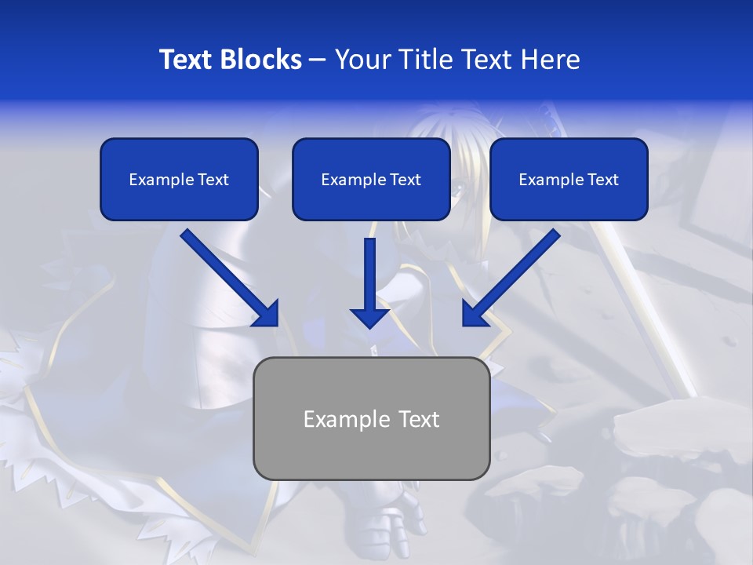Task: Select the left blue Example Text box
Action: tap(179, 179)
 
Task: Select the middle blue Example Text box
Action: tap(371, 179)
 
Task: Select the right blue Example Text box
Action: tap(569, 179)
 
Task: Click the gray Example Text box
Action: tap(371, 418)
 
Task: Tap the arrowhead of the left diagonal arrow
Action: tap(267, 314)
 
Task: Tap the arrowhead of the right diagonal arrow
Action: tap(474, 314)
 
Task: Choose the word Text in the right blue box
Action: tap(602, 180)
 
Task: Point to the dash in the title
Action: tap(318, 60)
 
